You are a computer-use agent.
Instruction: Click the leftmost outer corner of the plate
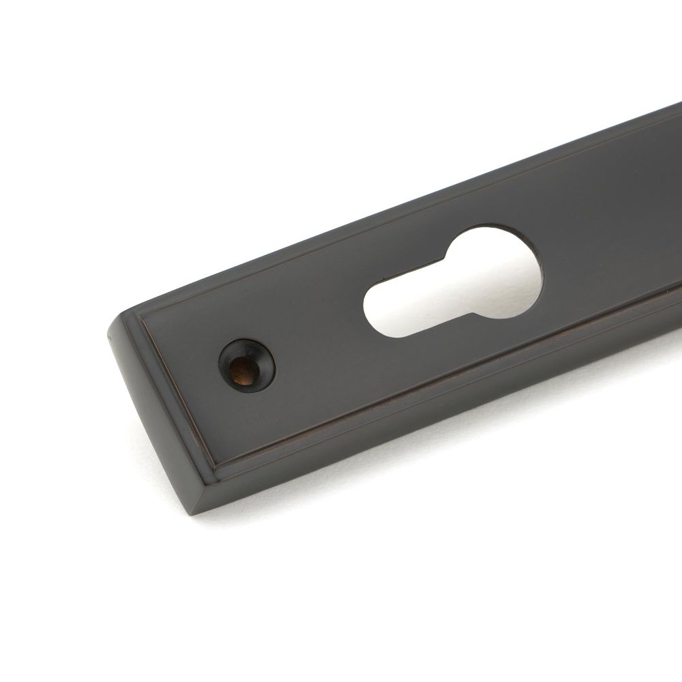(107, 334)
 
